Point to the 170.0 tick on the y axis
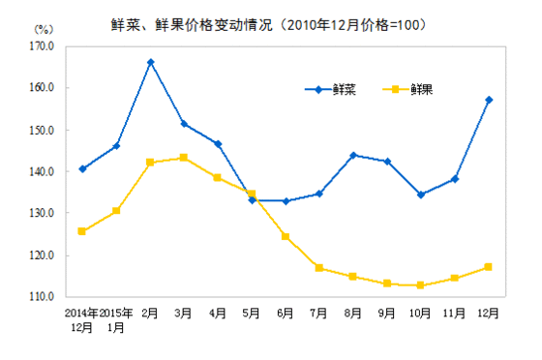[41, 45]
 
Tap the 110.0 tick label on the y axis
[41, 297]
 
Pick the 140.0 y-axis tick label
[41, 171]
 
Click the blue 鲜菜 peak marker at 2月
[150, 62]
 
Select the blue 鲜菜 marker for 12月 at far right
[489, 100]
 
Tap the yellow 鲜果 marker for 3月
[184, 157]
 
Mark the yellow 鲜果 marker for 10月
[421, 285]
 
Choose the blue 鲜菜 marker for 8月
[353, 155]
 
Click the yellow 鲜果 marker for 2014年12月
[82, 231]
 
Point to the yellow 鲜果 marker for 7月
[319, 268]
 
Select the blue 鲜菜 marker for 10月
[421, 195]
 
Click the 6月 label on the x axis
[286, 314]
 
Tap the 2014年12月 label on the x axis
[82, 320]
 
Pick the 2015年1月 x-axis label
[116, 320]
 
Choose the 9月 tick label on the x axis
[387, 314]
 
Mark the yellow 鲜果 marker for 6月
[286, 236]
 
